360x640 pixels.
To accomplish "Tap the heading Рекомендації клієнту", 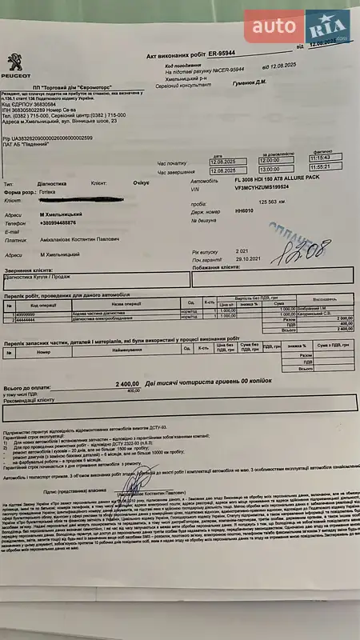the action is (x=31, y=398).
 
